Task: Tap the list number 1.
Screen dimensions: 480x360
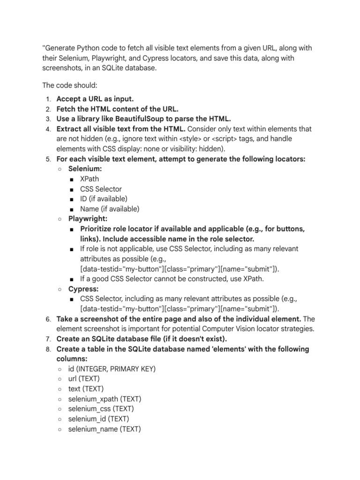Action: (48, 99)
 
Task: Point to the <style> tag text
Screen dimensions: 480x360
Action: (197, 139)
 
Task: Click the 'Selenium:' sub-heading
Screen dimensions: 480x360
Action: (85, 169)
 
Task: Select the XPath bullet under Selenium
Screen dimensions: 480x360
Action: (90, 179)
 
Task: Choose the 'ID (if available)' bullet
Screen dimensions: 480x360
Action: (103, 199)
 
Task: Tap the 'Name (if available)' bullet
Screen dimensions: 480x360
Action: (110, 209)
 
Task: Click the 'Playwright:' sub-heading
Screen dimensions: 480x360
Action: (88, 219)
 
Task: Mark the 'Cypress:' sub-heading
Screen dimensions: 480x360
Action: (83, 289)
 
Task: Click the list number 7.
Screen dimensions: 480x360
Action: (48, 339)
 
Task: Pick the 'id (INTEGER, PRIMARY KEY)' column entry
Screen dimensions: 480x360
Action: (112, 369)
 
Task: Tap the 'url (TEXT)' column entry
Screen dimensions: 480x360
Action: (83, 379)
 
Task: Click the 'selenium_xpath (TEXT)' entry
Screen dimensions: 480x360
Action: (105, 399)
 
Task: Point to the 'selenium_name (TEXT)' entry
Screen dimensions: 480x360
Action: (104, 429)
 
